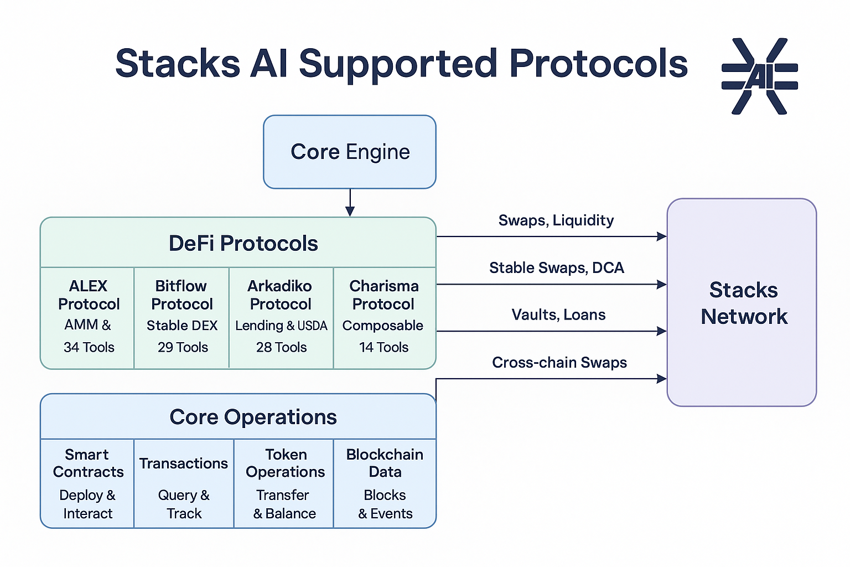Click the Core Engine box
coord(350,152)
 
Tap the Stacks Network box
coord(742,302)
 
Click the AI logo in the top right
coord(759,76)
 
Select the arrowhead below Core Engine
coord(350,211)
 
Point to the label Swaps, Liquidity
coord(556,220)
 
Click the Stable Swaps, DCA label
coord(556,268)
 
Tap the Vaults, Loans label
coord(558,315)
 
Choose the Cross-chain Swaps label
coord(559,363)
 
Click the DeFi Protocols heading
coord(243,244)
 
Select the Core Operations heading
coord(253,417)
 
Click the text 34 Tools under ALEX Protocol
coord(89,347)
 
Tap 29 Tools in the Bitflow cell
coord(183,347)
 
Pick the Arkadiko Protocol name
coord(280,295)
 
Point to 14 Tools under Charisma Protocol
coord(383,347)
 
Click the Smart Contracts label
coord(88,463)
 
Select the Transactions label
coord(183,463)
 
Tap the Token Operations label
coord(285,463)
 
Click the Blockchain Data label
coord(385,463)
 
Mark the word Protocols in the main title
coord(598,64)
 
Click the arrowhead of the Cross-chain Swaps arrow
coord(661,379)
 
